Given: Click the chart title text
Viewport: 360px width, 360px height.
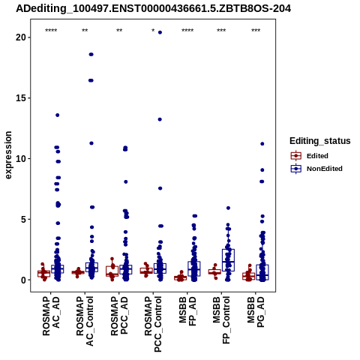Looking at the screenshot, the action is click(x=153, y=9).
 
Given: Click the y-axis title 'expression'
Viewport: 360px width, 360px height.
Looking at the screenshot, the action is click(x=8, y=155).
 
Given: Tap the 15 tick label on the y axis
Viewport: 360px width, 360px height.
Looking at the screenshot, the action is click(x=21, y=98).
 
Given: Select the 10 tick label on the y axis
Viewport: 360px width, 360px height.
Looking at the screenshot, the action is click(x=21, y=159).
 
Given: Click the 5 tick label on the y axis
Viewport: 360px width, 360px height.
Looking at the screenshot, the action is click(x=23, y=220).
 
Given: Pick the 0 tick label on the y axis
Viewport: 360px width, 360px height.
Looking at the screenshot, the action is click(x=23, y=280).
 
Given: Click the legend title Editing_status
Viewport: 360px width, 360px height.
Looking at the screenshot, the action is click(x=320, y=141).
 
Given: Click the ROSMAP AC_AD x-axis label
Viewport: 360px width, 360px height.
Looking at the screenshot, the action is click(x=51, y=316).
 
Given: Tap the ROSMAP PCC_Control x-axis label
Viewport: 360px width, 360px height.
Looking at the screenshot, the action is click(x=153, y=324).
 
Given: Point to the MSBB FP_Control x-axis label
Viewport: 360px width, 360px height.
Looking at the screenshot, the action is click(x=221, y=320).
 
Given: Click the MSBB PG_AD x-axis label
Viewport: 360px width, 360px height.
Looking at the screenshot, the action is click(x=256, y=312).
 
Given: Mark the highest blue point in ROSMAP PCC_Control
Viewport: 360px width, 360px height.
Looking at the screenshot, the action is click(x=160, y=32).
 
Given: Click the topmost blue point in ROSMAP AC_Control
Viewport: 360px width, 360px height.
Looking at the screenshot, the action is click(x=91, y=55).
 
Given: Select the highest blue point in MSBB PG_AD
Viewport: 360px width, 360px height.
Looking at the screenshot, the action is click(x=262, y=144).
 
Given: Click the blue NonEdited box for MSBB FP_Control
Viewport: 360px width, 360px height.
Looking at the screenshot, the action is click(x=228, y=260).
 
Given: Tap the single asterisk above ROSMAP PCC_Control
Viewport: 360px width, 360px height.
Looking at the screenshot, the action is click(x=153, y=31).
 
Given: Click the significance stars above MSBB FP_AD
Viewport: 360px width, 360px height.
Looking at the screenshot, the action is click(x=187, y=31).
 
